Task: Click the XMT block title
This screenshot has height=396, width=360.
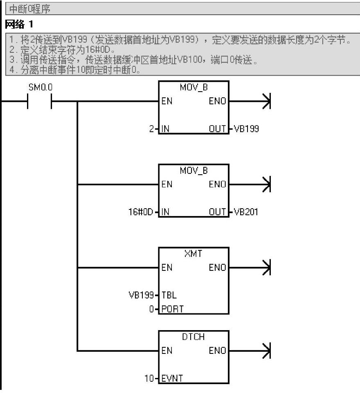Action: click(x=193, y=254)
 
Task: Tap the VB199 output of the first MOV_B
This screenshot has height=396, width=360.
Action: click(x=246, y=129)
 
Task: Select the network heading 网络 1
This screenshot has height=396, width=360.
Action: click(x=18, y=25)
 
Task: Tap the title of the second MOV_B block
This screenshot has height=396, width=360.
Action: click(x=193, y=171)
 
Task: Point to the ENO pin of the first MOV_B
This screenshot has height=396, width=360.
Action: click(x=217, y=101)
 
